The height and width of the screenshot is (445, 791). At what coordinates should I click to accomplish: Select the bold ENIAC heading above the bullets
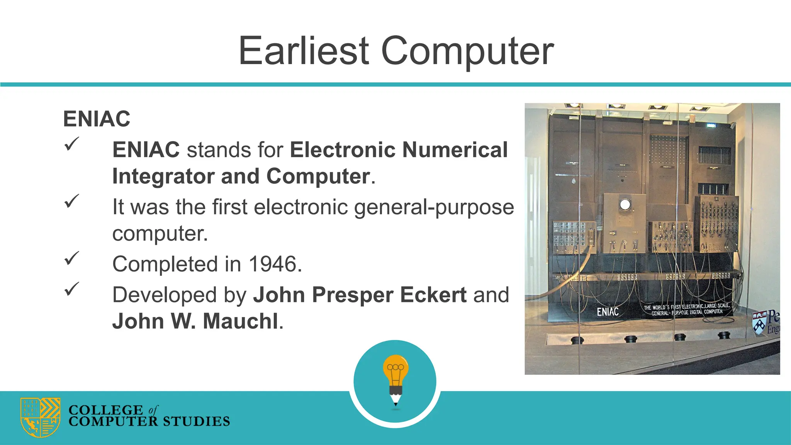pos(97,119)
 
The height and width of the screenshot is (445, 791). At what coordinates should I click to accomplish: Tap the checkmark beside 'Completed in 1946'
pos(71,258)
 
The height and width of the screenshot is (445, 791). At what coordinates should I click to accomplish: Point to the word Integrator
pos(163,177)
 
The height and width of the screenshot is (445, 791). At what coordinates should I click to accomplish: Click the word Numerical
pos(455,150)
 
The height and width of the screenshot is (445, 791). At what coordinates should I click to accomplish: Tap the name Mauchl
pos(240,321)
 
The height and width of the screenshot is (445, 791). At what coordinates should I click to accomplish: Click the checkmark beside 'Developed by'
pos(71,289)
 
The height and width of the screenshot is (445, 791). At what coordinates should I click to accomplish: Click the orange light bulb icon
pos(395,369)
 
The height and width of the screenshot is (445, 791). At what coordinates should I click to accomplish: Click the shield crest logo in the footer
pos(40,417)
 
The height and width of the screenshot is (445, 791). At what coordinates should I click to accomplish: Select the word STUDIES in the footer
pos(196,421)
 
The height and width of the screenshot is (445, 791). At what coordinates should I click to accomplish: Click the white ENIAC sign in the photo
pos(608,312)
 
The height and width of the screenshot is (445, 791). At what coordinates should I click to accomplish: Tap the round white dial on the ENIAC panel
pos(625,204)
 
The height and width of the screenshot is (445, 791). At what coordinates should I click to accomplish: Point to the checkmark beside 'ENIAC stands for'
pos(71,144)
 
